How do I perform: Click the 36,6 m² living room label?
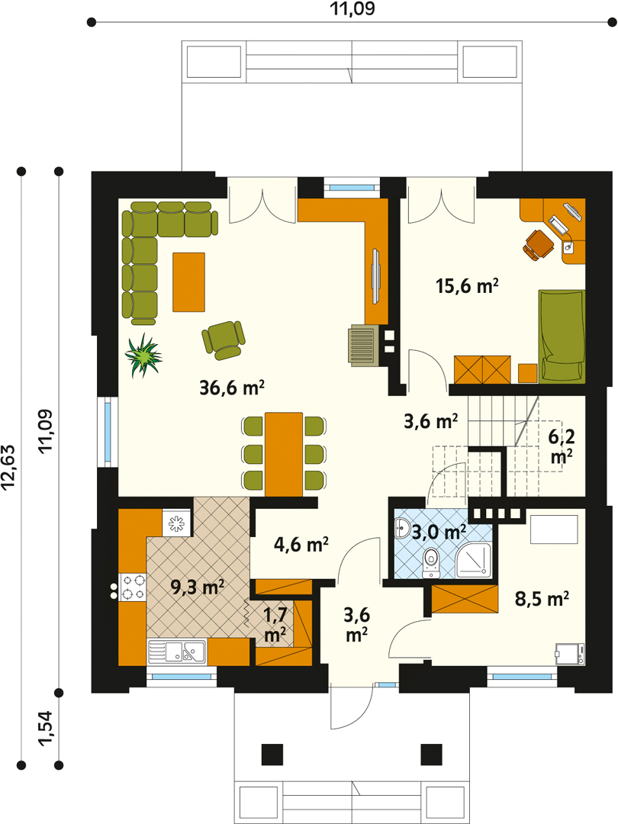coord(232,388)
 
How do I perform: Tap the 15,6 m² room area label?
coord(467,286)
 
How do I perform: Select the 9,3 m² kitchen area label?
coord(198,587)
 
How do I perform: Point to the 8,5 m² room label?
coord(542,599)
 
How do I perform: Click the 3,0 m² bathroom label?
coord(439,532)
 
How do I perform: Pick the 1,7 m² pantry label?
coord(275,624)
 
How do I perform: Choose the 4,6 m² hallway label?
coord(301,545)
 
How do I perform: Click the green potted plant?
coord(143,356)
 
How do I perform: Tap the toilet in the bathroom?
coord(431,563)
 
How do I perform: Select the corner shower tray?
coord(474,560)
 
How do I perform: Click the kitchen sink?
coord(177,652)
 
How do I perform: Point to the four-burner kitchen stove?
coord(133,587)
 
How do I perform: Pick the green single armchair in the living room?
coord(224,340)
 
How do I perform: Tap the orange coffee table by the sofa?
coord(188,282)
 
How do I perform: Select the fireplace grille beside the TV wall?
coord(363,346)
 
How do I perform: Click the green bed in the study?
coord(562,336)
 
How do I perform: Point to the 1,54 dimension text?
coord(45,728)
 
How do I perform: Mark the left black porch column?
coord(272,755)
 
